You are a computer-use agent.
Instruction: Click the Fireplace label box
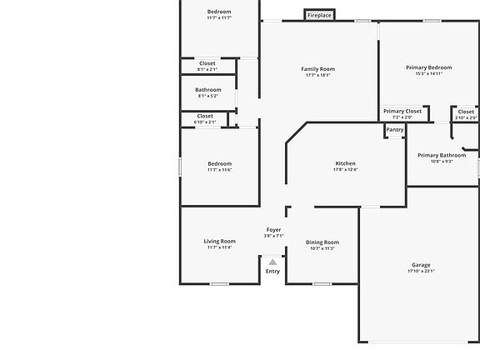click(x=319, y=15)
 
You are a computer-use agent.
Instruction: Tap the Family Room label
click(x=317, y=69)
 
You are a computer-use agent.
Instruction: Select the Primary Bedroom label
click(x=428, y=67)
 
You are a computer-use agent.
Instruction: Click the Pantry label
click(x=395, y=129)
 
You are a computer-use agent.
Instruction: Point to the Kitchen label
click(x=345, y=163)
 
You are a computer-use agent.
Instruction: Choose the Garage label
click(x=421, y=265)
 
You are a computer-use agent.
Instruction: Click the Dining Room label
click(x=322, y=242)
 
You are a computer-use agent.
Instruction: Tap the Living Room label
click(x=220, y=242)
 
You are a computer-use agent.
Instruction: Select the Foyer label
click(x=273, y=229)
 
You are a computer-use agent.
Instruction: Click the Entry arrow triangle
click(x=272, y=262)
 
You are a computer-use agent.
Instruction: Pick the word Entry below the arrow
click(x=272, y=271)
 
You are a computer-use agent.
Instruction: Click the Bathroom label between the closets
click(x=208, y=90)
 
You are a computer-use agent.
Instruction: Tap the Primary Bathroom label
click(x=442, y=155)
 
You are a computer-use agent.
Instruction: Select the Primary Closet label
click(x=402, y=111)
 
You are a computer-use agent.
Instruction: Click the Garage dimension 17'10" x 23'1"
click(x=421, y=271)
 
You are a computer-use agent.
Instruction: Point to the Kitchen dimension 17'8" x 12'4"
click(x=345, y=170)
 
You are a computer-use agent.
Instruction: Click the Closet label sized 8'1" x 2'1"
click(x=207, y=63)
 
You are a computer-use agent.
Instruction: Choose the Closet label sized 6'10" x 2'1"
click(x=205, y=116)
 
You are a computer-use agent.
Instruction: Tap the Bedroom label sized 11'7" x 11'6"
click(x=220, y=163)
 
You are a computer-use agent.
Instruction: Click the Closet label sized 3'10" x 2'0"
click(x=466, y=112)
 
